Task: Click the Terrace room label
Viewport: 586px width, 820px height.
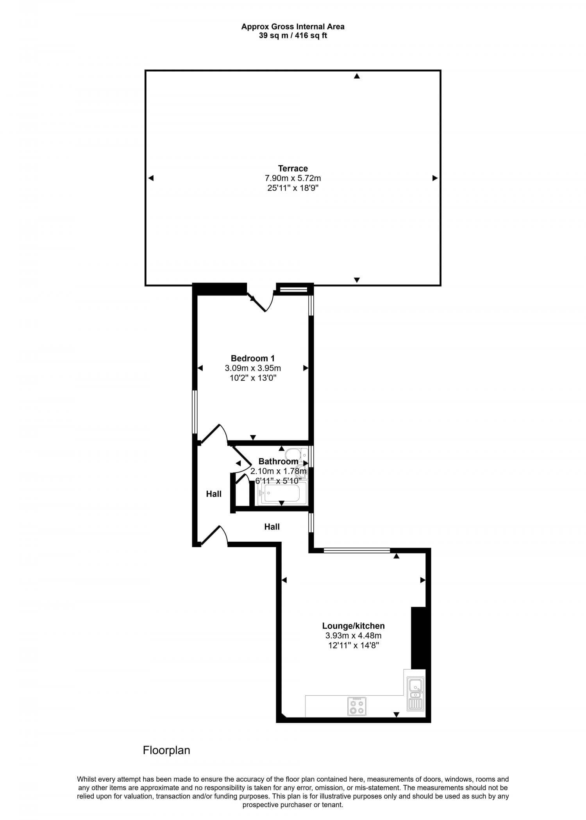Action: (293, 168)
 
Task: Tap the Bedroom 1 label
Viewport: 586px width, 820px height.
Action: (253, 358)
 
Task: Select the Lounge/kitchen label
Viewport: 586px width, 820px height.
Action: (353, 626)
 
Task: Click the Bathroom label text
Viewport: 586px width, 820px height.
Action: (278, 461)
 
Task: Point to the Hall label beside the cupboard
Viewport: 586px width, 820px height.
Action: (214, 494)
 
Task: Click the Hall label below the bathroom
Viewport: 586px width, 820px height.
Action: (272, 527)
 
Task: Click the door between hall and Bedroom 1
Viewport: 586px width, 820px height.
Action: (214, 434)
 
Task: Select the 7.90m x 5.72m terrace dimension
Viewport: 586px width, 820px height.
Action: (293, 178)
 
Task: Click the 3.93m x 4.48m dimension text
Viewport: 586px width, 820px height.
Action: (353, 636)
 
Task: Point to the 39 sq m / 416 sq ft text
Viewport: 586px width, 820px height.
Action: (293, 36)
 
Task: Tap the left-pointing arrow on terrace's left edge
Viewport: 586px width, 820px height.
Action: (151, 178)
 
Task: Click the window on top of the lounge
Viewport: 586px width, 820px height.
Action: (357, 550)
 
